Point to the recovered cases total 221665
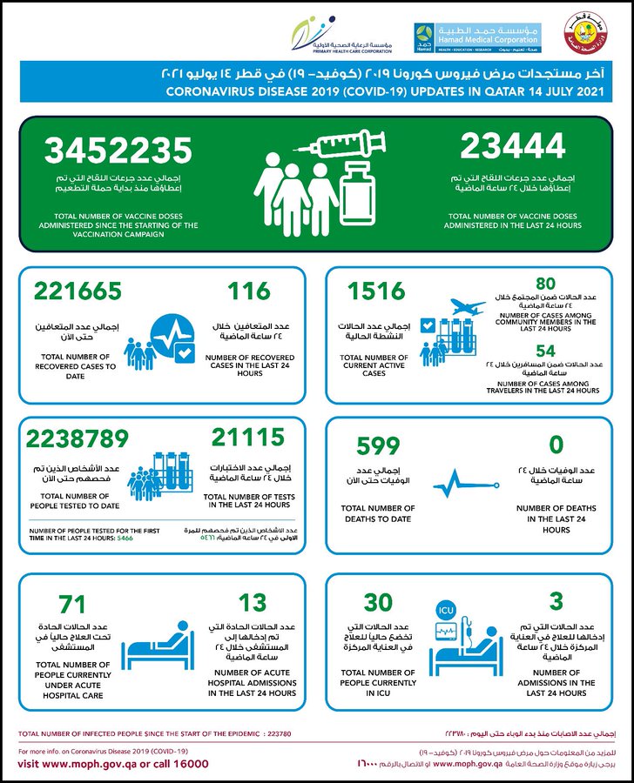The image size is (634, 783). click(78, 291)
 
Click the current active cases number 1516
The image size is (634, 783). click(375, 291)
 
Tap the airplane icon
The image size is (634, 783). click(469, 309)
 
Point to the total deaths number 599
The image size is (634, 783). click(377, 445)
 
